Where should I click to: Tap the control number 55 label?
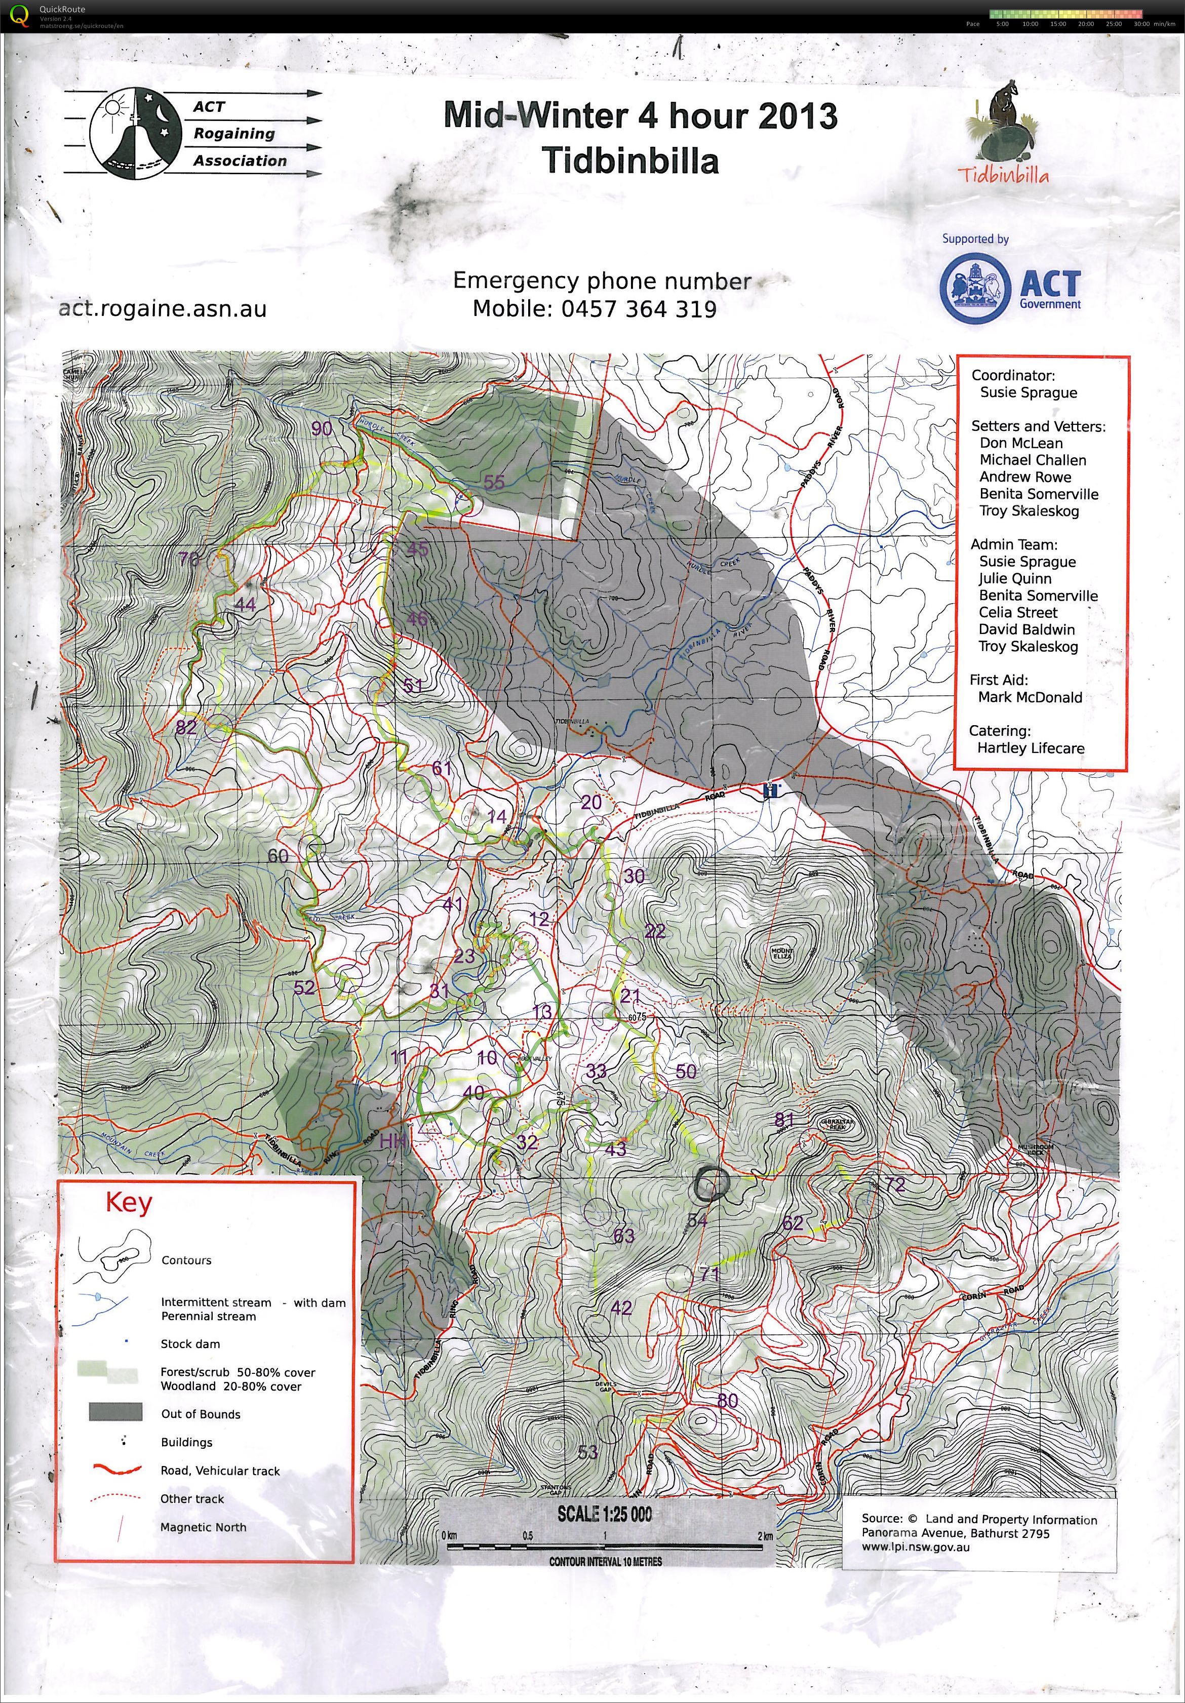pyautogui.click(x=494, y=482)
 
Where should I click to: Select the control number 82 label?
pyautogui.click(x=186, y=727)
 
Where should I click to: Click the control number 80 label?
pyautogui.click(x=728, y=1400)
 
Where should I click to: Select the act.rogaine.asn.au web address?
pyautogui.click(x=163, y=308)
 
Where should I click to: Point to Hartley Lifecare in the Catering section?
pyautogui.click(x=1030, y=747)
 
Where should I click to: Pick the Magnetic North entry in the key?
pyautogui.click(x=203, y=1527)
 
